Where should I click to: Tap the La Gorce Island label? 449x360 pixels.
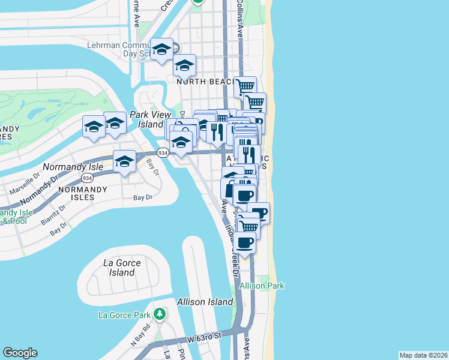[x=122, y=268]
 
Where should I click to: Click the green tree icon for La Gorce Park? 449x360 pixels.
[x=159, y=314]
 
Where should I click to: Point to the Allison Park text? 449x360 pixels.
[x=262, y=286]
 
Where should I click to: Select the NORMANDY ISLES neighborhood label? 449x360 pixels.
[x=82, y=190]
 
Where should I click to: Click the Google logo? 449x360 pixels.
[x=20, y=353]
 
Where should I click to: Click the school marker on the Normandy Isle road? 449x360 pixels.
[x=124, y=161]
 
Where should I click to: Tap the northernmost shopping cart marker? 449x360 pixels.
[x=245, y=86]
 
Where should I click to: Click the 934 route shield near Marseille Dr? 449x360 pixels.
[x=88, y=178]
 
